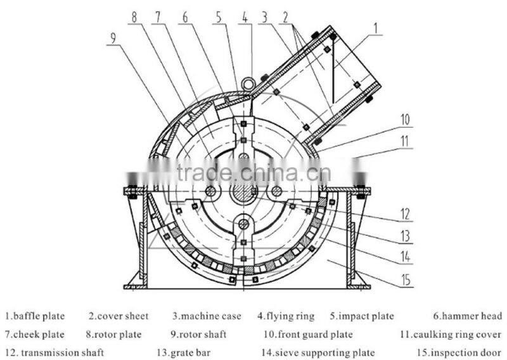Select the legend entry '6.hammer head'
pos(468,316)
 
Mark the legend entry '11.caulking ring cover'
pos(451,334)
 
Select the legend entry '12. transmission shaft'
pos(55,352)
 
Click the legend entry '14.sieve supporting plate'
pos(318,352)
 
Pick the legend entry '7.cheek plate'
pos(35,334)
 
